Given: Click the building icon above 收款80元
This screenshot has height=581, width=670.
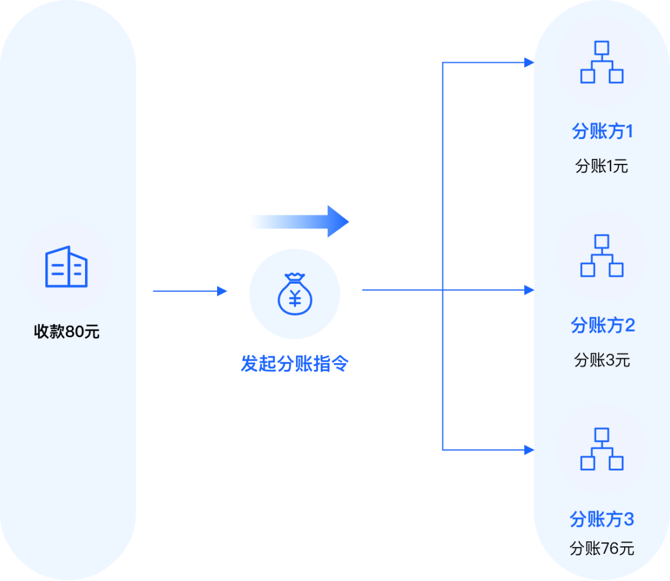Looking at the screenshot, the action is click(66, 267).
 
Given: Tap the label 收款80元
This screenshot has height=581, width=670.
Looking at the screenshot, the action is click(66, 331).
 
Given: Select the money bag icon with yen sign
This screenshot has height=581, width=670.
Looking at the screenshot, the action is click(295, 294).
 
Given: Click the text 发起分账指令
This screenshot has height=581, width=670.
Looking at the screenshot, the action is click(295, 364).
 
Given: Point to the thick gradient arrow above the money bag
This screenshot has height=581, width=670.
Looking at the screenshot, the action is click(300, 222).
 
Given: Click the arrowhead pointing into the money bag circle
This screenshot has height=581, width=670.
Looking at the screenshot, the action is click(222, 291).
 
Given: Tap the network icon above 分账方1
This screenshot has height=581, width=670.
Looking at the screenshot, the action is click(602, 62).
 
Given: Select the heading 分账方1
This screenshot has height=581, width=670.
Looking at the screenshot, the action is click(602, 131).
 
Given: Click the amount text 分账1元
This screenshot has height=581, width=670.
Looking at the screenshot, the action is click(602, 166).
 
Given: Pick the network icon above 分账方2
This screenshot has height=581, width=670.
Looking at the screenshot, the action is click(602, 256).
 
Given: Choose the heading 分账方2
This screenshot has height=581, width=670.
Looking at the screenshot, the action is click(603, 325).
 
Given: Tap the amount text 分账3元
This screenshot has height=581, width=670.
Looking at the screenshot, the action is click(602, 360).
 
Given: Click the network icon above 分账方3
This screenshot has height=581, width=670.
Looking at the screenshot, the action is click(602, 449).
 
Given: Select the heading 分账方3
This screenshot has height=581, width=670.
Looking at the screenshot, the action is click(602, 519).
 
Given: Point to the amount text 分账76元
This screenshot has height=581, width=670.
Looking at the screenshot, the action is click(602, 548).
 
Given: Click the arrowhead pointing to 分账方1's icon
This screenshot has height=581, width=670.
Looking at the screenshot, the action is click(529, 63).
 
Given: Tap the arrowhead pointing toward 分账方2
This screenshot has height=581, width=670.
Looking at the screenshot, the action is click(529, 290).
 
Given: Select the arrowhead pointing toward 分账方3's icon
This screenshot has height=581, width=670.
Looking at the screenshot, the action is click(529, 450).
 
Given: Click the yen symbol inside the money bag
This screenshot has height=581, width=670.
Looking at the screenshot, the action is click(295, 299).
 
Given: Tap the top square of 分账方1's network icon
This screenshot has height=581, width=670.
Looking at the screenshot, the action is click(602, 48).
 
